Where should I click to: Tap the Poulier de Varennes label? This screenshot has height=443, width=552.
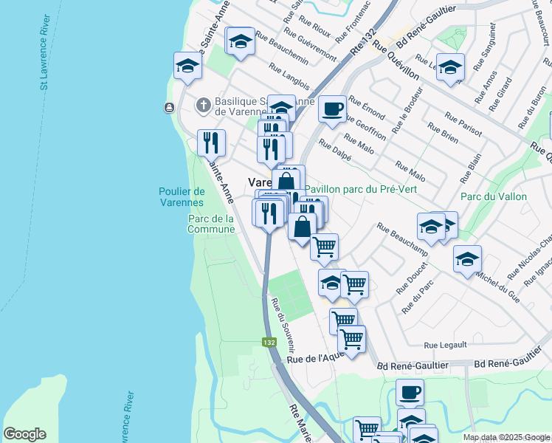coord(181,197)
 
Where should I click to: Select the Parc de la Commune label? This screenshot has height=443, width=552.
coord(211,224)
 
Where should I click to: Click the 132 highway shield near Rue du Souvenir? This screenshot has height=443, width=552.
coord(269,343)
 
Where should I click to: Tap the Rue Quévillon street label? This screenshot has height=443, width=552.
coord(396,61)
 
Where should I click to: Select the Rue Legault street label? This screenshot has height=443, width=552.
coord(445,345)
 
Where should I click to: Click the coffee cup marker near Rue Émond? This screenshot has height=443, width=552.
coord(332,110)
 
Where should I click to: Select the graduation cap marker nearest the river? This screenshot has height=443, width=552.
coord(187,66)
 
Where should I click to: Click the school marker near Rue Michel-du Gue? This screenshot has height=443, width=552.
coord(467,259)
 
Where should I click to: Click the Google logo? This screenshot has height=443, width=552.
coord(24,434)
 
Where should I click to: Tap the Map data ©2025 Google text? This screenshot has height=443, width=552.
coord(506,437)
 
